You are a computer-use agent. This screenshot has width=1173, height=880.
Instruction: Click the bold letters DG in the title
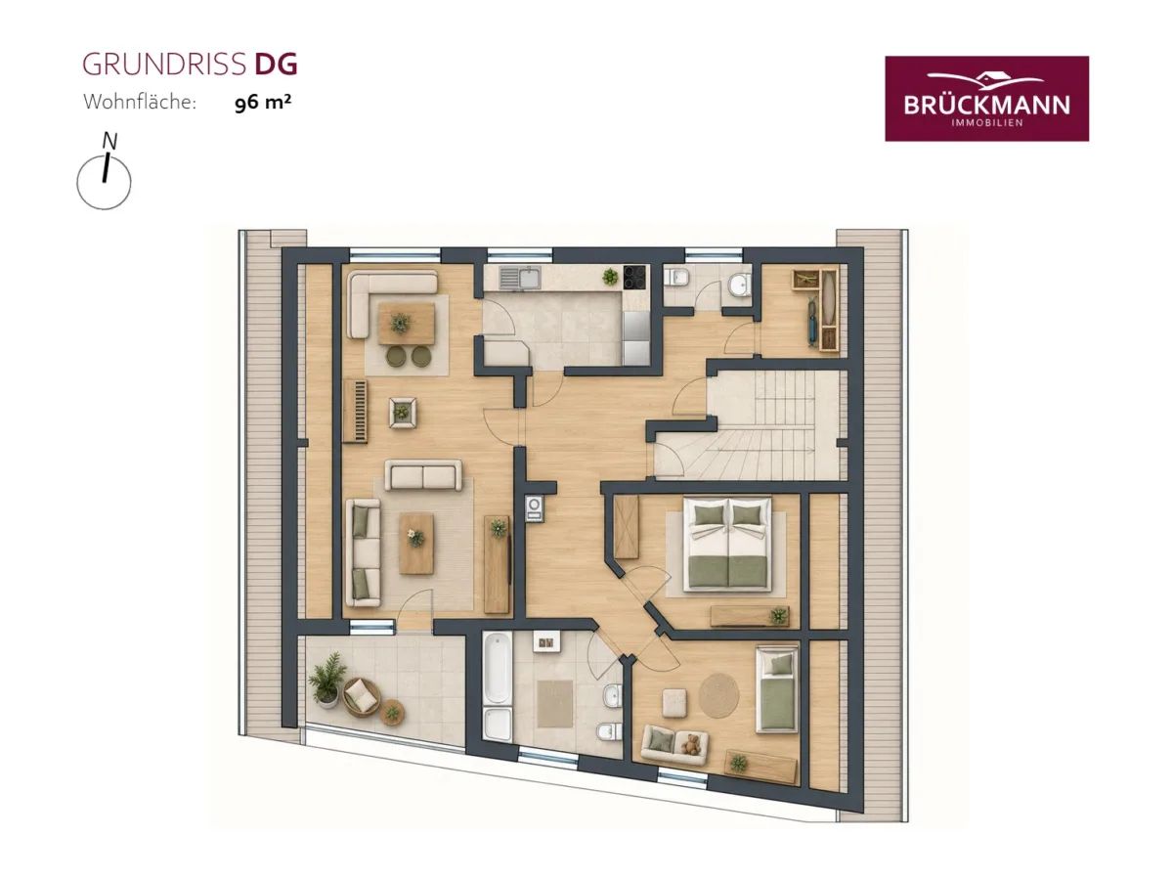pos(276,64)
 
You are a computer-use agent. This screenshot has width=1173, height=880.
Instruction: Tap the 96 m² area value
pos(262,102)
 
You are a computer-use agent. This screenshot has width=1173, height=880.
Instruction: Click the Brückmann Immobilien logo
pos(986,99)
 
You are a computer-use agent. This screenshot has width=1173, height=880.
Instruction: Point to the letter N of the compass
pos(109,141)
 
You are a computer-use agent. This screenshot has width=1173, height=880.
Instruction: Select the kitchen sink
pos(519,278)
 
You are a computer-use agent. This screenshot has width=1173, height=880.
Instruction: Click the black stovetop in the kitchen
pos(633,278)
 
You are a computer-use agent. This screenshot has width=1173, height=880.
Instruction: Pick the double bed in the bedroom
pos(727,544)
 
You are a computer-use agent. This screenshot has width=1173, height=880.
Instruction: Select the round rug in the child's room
pos(718,695)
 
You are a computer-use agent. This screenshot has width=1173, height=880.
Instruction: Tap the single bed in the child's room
pos(776,688)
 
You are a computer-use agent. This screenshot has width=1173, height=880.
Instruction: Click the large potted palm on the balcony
pos(327,678)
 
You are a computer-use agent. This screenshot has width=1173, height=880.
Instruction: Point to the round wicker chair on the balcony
pos(362,697)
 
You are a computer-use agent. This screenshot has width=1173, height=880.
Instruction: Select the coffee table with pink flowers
pos(416,544)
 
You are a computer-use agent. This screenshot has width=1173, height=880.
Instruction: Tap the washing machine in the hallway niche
pos(534,507)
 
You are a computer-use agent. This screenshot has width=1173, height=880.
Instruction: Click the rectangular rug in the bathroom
pos(554,704)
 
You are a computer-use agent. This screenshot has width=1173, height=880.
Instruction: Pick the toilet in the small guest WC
pos(676,278)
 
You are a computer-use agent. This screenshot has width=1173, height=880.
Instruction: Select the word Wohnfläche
pos(140,102)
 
